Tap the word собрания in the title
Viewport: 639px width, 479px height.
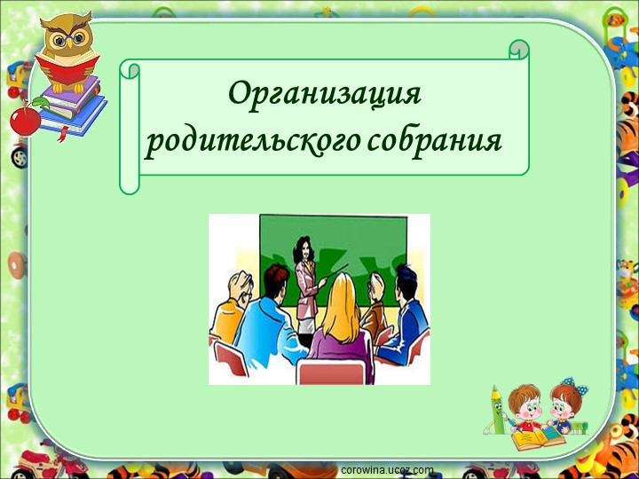(434, 141)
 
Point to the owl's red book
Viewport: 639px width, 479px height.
(67, 69)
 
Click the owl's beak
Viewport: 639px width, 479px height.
(69, 42)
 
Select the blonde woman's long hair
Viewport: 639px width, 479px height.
(341, 306)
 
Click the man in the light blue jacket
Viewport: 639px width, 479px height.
(269, 322)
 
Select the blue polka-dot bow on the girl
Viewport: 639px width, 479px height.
(576, 385)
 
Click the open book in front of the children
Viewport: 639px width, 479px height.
(538, 436)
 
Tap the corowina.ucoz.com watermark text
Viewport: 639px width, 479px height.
(387, 471)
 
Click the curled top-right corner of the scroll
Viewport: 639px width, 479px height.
(519, 50)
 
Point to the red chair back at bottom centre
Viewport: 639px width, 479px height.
(331, 372)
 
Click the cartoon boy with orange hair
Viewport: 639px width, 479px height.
(525, 407)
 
